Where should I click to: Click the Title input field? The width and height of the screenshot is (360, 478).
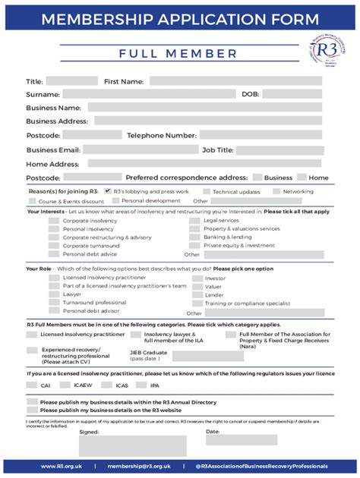pos(71,81)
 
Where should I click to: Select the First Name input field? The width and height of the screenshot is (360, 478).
pos(235,81)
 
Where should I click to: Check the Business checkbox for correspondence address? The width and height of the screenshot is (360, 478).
pos(257,178)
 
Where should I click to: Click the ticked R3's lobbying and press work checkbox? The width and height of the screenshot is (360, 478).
pos(108,191)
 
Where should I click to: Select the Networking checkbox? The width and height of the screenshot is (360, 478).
pos(276,191)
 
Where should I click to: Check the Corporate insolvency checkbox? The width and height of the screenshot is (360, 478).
pos(54,221)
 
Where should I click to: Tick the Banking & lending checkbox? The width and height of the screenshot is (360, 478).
pos(194,237)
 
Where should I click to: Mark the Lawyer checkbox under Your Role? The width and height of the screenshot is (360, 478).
pos(54,294)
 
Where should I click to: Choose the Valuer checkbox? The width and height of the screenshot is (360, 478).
pos(195,287)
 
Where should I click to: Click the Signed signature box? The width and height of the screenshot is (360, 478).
pos(133,445)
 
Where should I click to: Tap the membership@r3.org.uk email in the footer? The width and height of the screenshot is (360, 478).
pos(139,466)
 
